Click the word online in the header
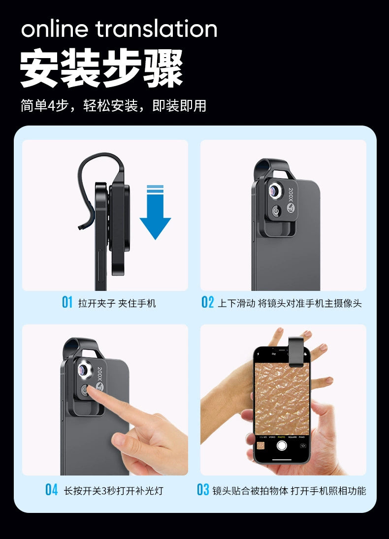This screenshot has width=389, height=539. (54, 29)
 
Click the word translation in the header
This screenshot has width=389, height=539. (157, 29)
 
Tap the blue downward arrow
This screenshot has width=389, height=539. (155, 212)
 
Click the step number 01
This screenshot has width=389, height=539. (67, 303)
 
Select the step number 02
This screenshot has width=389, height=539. (207, 303)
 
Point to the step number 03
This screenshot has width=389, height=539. (203, 489)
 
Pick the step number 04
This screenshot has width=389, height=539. (52, 489)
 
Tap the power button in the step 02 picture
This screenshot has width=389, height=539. (276, 211)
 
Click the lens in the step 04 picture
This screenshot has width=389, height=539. (84, 370)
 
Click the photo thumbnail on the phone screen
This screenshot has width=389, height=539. (261, 445)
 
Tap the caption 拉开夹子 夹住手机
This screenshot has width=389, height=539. (117, 303)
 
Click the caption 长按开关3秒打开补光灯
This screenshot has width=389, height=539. (114, 491)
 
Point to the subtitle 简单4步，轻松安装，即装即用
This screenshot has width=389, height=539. (114, 106)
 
